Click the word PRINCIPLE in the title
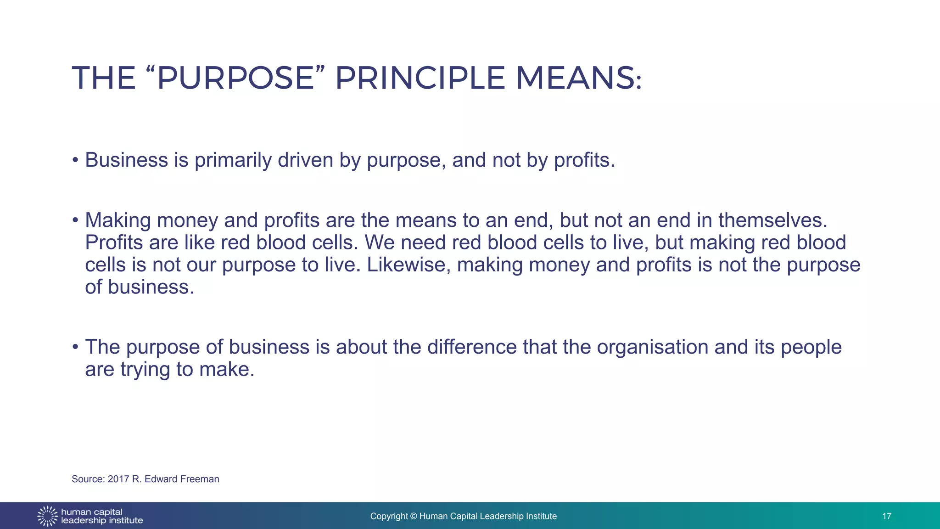point(420,78)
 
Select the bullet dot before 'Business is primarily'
point(75,161)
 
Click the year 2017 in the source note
point(118,479)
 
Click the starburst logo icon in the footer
point(47,516)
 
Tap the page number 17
point(886,516)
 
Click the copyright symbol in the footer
point(413,516)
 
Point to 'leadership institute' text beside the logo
point(102,521)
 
